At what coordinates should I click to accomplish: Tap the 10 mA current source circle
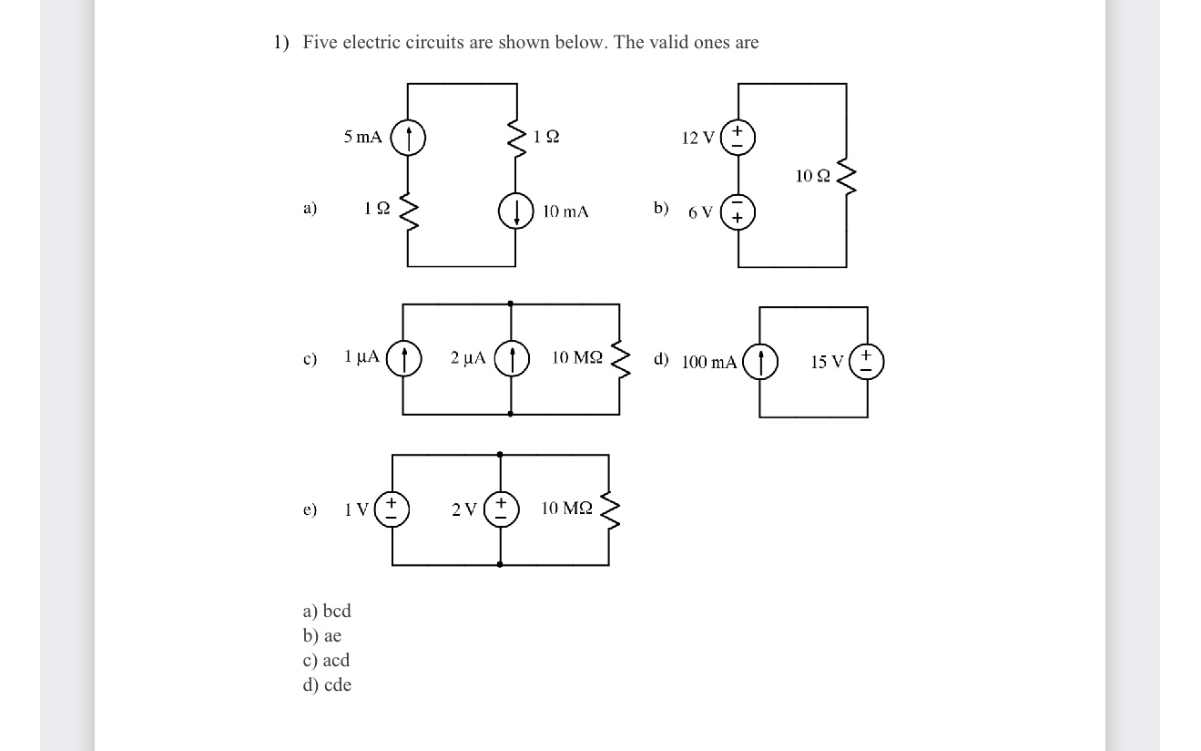point(516,211)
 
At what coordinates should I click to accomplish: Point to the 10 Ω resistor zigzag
point(848,176)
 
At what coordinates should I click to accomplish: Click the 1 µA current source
point(403,358)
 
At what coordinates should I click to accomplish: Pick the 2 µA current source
point(511,358)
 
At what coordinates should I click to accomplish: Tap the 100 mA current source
point(760,361)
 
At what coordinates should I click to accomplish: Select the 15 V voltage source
point(866,361)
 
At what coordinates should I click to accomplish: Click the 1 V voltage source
point(392,509)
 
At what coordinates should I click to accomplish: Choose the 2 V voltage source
point(500,509)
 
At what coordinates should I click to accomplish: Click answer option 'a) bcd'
point(327,611)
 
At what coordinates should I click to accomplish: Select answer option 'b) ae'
point(322,635)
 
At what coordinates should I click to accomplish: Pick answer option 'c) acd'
point(326,660)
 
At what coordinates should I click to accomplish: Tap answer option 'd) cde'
point(327,684)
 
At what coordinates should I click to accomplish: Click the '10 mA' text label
point(565,211)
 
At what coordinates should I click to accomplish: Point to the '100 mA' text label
point(709,363)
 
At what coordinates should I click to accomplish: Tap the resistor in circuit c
point(619,358)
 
